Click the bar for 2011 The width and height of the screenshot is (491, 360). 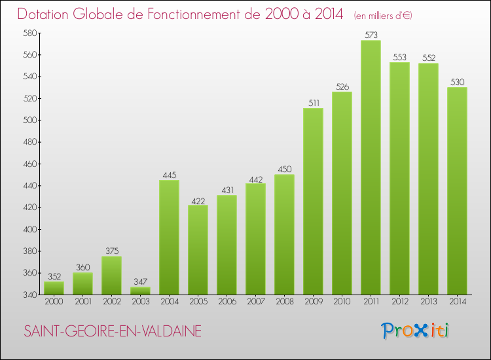(371, 168)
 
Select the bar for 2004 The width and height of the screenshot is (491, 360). (169, 237)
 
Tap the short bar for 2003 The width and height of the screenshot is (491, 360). (140, 291)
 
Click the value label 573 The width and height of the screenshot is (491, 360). (371, 35)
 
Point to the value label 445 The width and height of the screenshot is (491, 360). (169, 175)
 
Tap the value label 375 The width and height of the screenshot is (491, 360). (111, 251)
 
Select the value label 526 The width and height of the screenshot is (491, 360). (342, 86)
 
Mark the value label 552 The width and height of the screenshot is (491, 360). (428, 58)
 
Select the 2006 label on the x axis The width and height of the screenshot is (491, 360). (227, 302)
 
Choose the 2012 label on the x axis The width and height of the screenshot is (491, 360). (399, 302)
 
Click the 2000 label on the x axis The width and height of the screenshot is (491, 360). (54, 302)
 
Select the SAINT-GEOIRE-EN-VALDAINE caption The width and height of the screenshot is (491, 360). (113, 332)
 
